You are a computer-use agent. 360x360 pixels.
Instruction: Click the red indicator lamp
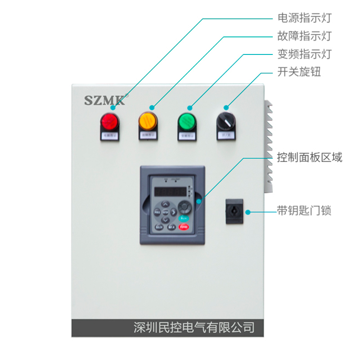[109, 121]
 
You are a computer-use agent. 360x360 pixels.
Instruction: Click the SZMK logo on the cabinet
[105, 99]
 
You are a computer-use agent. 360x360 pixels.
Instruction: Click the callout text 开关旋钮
[299, 72]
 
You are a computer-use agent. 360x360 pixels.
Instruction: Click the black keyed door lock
[234, 210]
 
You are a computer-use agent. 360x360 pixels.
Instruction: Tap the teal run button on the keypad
[184, 218]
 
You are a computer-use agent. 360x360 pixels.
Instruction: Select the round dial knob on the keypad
[184, 207]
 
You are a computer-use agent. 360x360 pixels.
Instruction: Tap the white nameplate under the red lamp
[109, 135]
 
